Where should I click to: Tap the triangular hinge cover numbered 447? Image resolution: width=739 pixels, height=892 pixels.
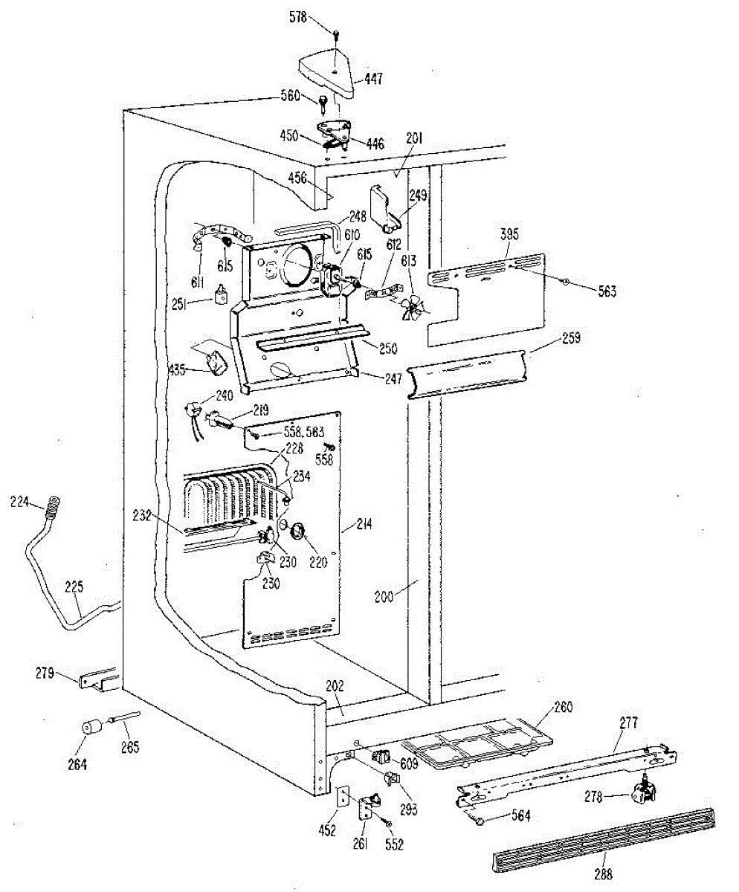click(327, 72)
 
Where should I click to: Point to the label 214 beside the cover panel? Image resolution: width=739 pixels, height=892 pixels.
click(363, 526)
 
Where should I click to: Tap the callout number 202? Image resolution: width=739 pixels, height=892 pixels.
click(335, 688)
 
